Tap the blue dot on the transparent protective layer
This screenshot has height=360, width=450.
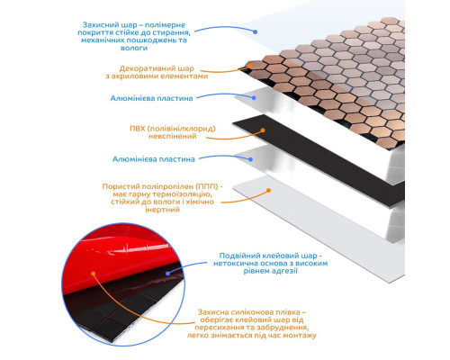pos(255,31)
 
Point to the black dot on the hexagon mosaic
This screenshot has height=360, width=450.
pos(248,66)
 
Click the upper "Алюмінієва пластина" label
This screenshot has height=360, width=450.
pos(151,98)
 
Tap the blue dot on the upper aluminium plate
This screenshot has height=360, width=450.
pos(254,98)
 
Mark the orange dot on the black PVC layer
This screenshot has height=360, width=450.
pos(263,130)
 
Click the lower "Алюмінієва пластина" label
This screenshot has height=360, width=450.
pos(154,159)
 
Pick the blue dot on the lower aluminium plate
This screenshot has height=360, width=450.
pos(250,159)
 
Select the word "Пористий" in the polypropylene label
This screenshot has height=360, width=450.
pos(117,186)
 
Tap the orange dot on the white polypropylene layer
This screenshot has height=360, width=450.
pos(269,190)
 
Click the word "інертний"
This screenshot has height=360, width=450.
pos(162,210)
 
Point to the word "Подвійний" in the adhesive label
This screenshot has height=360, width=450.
pos(239,256)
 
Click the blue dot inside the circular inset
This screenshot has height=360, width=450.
pos(168,274)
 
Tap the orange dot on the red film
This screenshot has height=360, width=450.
pos(94,274)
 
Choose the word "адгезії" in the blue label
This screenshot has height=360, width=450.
pos(284,271)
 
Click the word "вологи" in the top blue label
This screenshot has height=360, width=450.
pos(134,48)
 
